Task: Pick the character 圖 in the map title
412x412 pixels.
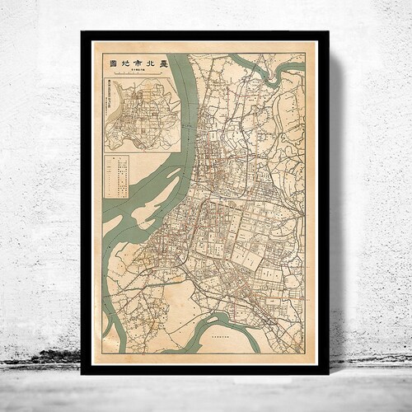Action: pyautogui.click(x=111, y=63)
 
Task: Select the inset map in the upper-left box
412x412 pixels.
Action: pyautogui.click(x=141, y=115)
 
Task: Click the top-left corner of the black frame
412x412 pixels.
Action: pyautogui.click(x=82, y=32)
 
